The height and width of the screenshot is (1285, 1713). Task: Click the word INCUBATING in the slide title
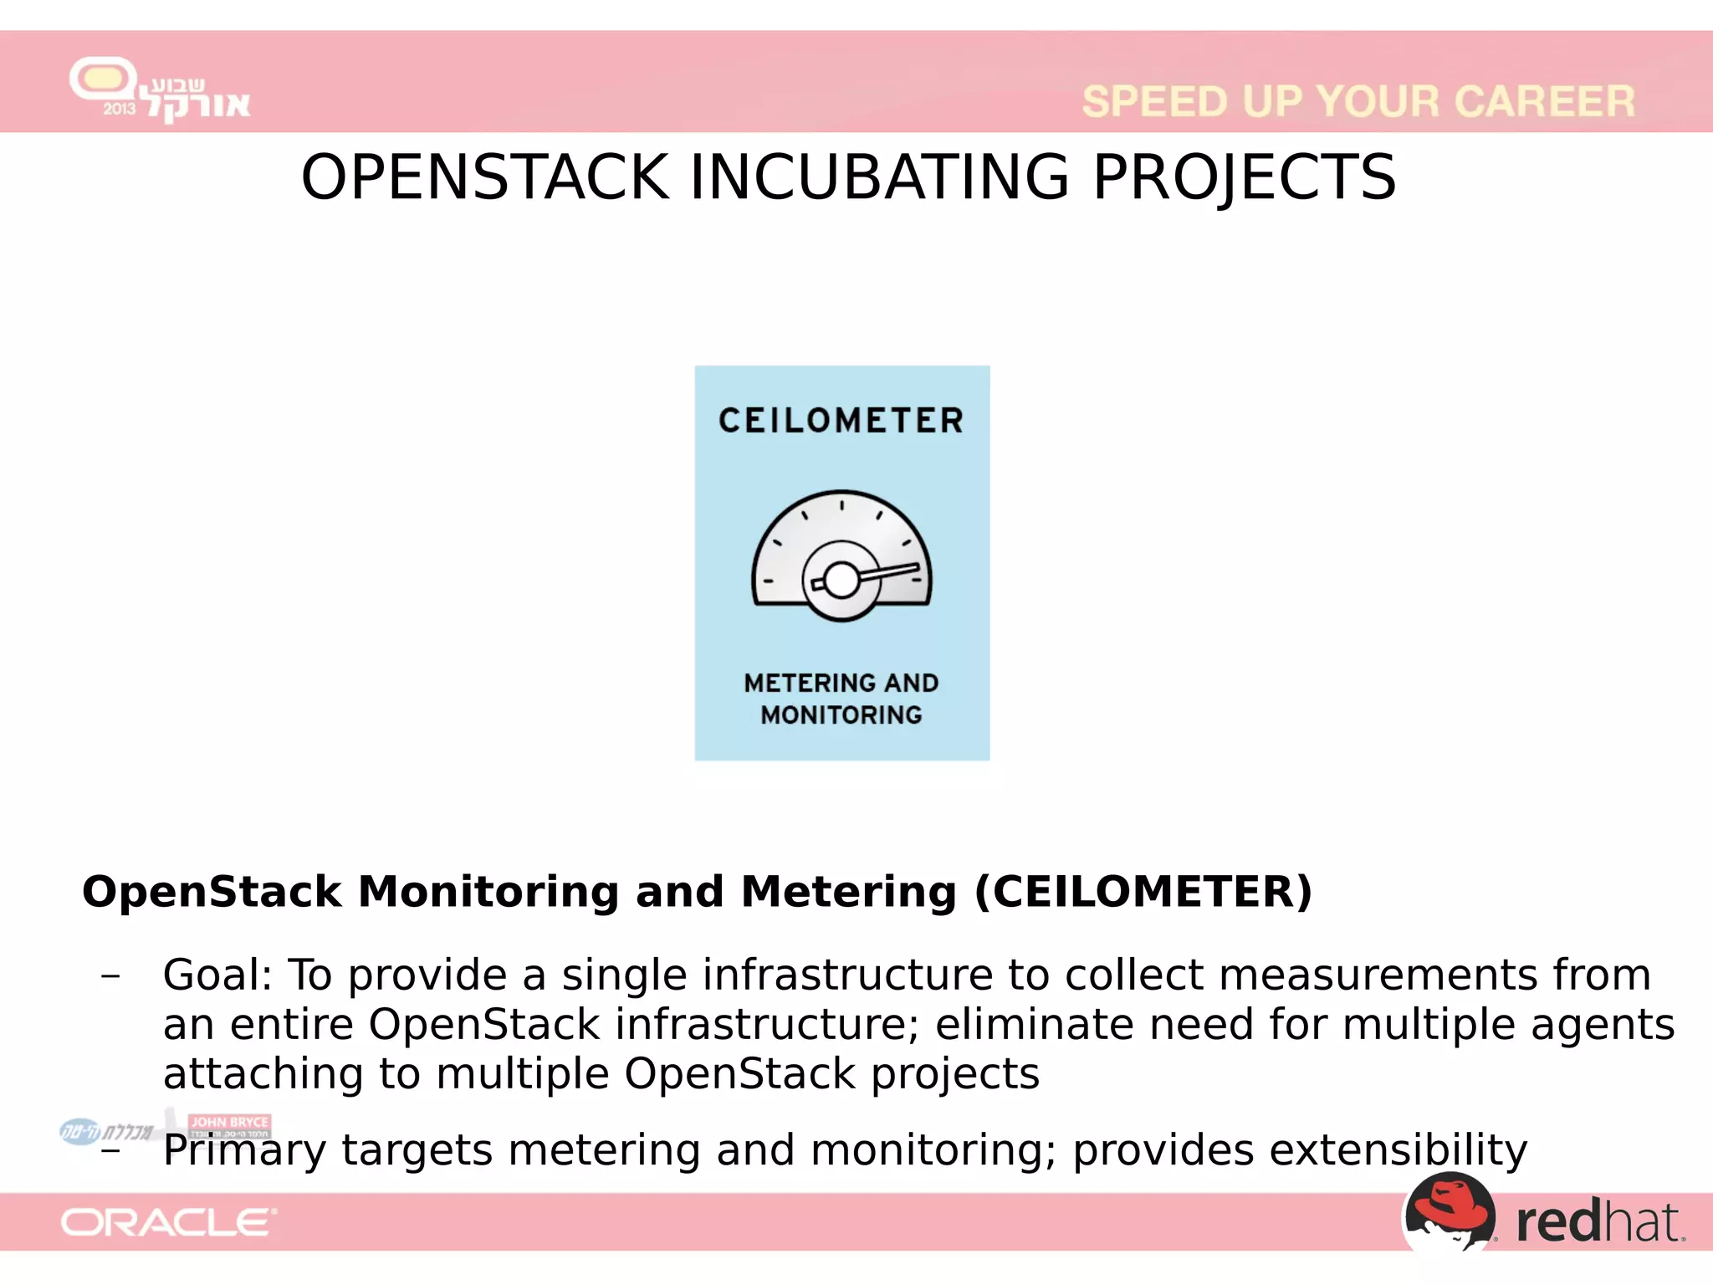pos(879,177)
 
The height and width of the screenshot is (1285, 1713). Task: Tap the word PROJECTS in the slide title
pos(1245,177)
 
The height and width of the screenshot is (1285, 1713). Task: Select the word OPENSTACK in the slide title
pos(485,177)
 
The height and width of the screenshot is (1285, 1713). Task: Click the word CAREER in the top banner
pos(1544,102)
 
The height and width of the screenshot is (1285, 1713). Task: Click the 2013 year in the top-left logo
pos(119,109)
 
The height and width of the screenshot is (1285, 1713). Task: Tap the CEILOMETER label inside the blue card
pos(841,421)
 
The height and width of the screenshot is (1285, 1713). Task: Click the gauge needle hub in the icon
pos(841,579)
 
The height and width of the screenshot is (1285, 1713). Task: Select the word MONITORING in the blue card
pos(841,715)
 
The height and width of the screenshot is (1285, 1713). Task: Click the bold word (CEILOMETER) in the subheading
pos(1143,892)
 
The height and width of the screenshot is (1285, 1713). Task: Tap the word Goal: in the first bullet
pos(217,975)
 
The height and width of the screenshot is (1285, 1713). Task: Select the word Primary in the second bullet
pos(244,1151)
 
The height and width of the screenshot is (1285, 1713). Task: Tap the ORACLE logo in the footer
pos(168,1223)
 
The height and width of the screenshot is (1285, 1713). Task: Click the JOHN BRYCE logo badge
pos(229,1123)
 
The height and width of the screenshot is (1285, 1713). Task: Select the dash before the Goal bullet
pos(110,976)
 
